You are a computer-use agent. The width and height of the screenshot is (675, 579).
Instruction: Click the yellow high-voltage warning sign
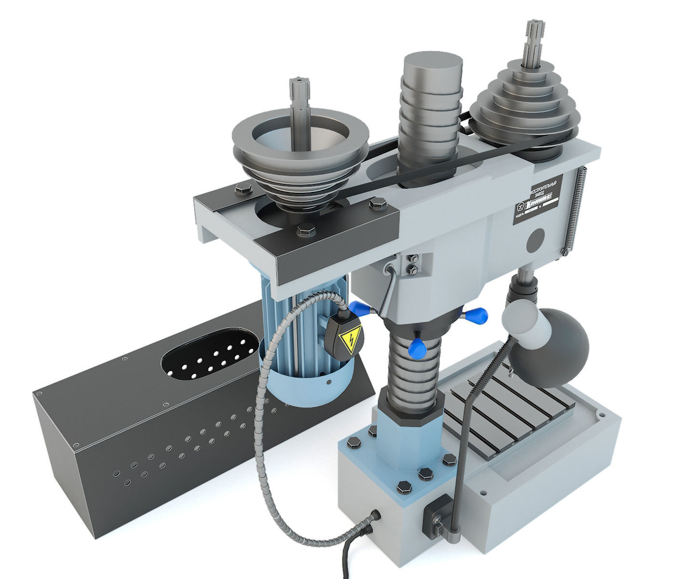coord(348,341)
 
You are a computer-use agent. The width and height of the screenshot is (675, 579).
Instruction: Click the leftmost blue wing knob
coord(359,307)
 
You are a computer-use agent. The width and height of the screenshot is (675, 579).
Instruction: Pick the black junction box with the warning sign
coord(344,336)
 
